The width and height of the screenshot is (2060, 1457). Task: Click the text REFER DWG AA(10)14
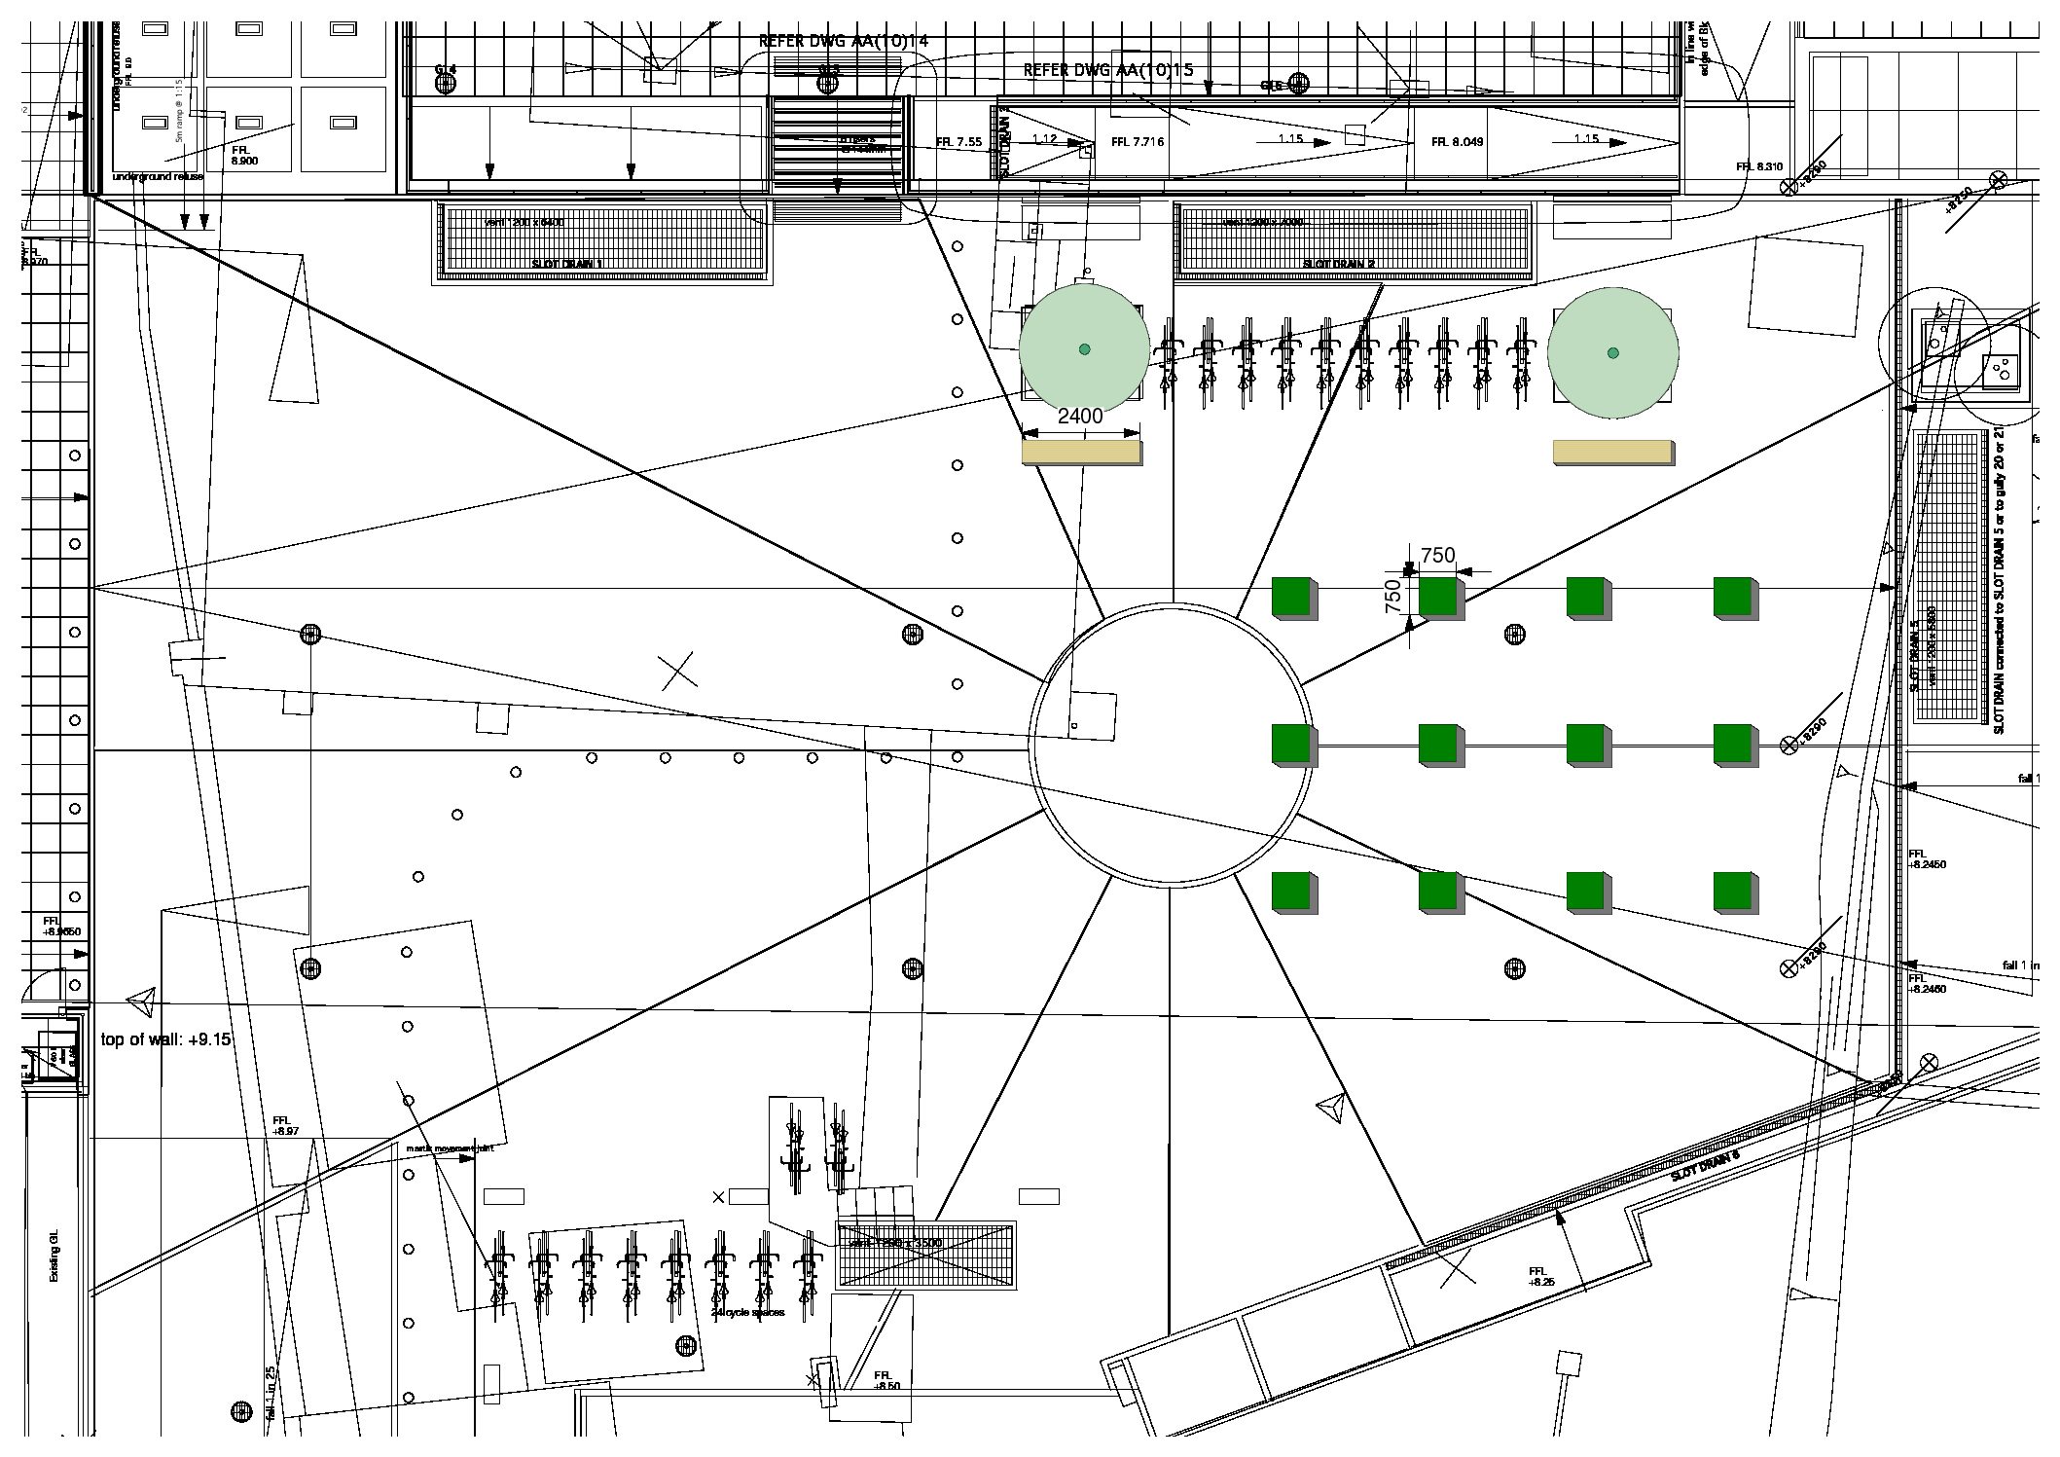coord(844,41)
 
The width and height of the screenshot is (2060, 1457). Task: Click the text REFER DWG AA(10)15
coord(1108,70)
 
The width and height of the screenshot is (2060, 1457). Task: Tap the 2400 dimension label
coord(1080,416)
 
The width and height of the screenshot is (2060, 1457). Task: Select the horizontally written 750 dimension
coord(1437,555)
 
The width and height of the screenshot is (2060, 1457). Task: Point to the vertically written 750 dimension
coord(1392,596)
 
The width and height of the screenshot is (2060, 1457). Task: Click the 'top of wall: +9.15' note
coord(166,1039)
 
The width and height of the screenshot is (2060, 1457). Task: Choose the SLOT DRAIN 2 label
coord(1338,264)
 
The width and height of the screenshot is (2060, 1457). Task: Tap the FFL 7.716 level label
coord(1137,142)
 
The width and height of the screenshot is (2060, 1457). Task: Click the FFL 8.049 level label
coord(1457,142)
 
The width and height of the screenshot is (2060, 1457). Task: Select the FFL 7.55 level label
coord(958,142)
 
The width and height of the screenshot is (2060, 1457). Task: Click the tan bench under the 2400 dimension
coord(1081,453)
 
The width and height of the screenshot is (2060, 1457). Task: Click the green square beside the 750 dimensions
coord(1440,597)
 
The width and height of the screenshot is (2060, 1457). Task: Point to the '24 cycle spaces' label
coord(747,1313)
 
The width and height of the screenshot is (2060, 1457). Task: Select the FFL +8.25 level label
coord(1541,1276)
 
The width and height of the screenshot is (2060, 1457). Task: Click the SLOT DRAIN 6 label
coord(1704,1166)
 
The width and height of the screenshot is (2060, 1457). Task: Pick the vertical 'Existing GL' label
coord(54,1254)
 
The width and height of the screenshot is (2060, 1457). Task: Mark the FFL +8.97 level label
coord(285,1126)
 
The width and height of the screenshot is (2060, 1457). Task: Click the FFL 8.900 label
coord(244,156)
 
